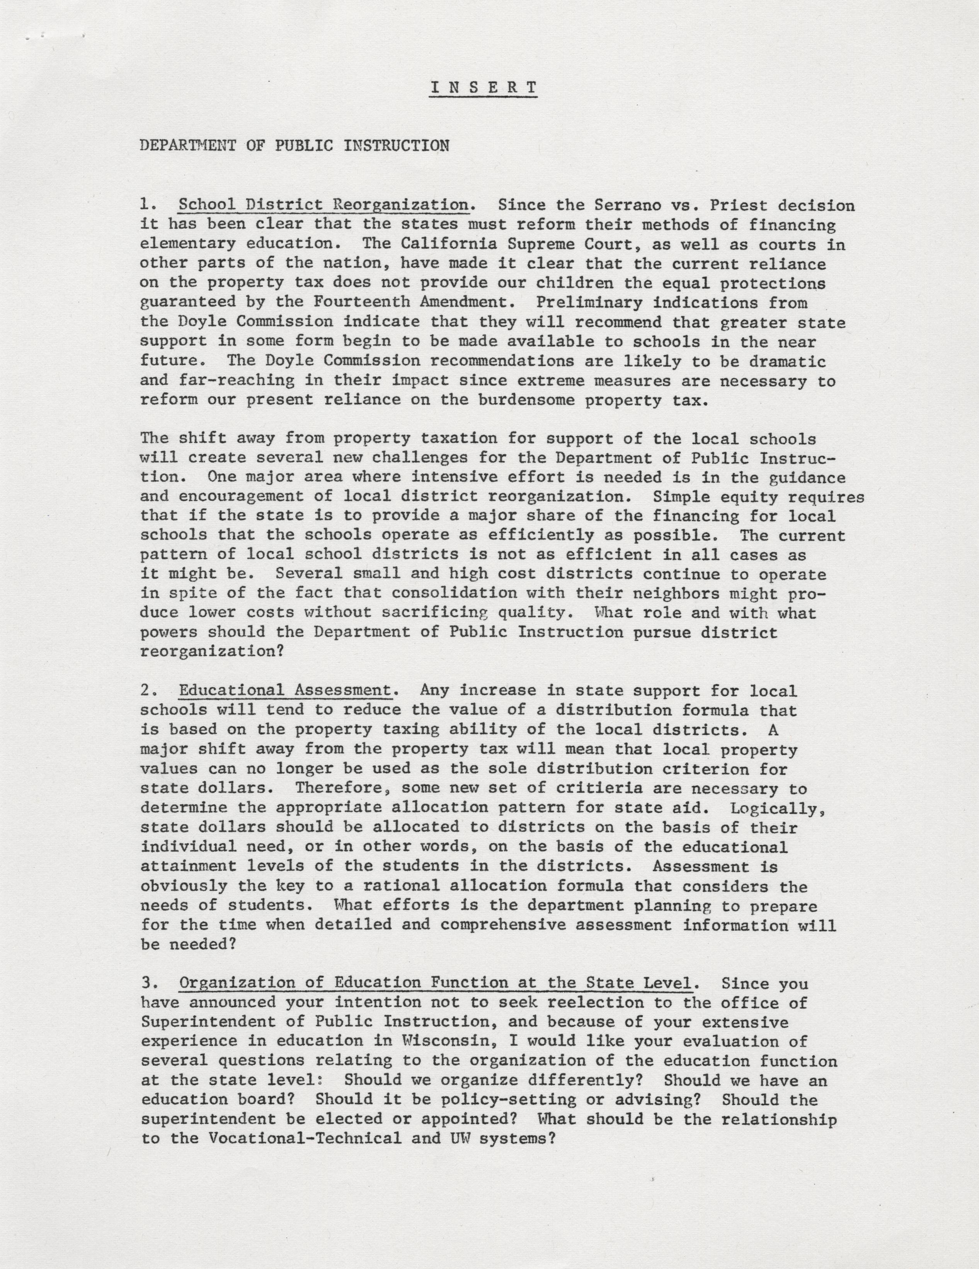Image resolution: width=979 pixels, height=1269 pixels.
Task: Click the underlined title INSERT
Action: click(x=483, y=87)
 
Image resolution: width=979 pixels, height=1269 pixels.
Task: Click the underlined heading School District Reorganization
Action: click(x=323, y=205)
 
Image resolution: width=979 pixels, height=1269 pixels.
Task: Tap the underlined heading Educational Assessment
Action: click(x=285, y=690)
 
